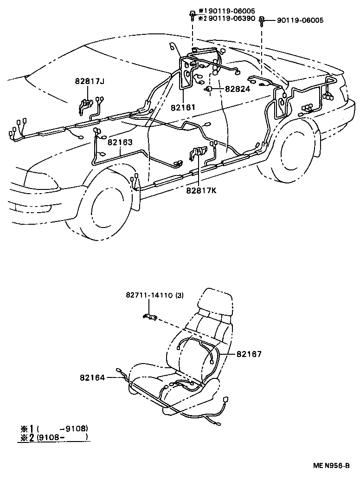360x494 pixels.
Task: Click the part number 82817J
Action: pyautogui.click(x=90, y=82)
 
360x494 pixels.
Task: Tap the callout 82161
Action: pyautogui.click(x=183, y=107)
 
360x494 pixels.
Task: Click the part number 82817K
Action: pyautogui.click(x=202, y=189)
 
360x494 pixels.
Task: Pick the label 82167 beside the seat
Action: pyautogui.click(x=249, y=354)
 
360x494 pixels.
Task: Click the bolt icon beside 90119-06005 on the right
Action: pyautogui.click(x=262, y=20)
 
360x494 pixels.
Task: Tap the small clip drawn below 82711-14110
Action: pyautogui.click(x=149, y=317)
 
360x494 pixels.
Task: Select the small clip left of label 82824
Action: pyautogui.click(x=209, y=88)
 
